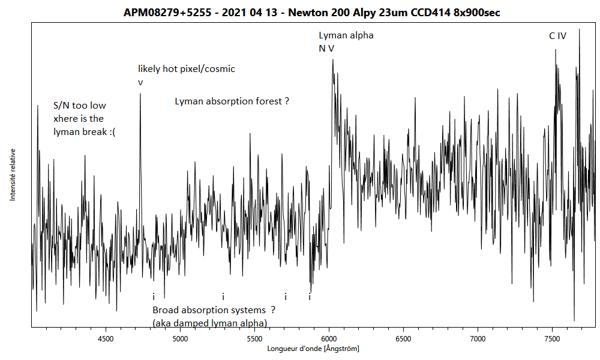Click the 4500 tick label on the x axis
tap(106, 338)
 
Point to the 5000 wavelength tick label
tap(180, 338)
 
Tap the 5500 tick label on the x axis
tap(254, 338)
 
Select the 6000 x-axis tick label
tap(329, 338)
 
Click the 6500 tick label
tap(403, 338)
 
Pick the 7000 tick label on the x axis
tap(478, 338)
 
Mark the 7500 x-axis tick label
tap(552, 338)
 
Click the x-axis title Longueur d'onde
tap(313, 349)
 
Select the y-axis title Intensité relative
tap(12, 175)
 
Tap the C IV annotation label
tap(557, 36)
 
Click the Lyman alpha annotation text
tap(346, 35)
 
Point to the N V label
tap(326, 48)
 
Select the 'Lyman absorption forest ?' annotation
tap(232, 101)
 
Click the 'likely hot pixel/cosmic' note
tap(186, 69)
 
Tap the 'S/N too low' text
tap(80, 106)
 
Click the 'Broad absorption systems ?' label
tap(214, 310)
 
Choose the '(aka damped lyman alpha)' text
tap(209, 323)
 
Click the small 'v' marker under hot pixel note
tap(140, 82)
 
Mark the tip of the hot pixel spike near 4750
tap(140, 94)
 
